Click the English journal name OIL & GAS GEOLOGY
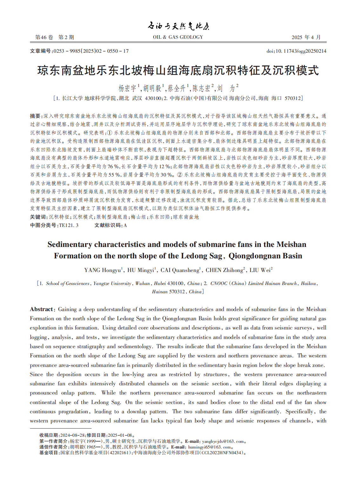[178, 37]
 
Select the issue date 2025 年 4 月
[306, 37]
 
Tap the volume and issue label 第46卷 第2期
[55, 37]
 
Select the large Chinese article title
[178, 70]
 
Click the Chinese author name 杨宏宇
[127, 88]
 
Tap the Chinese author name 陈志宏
[202, 88]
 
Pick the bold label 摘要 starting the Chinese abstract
[35, 116]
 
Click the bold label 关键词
[37, 217]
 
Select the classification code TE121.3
[69, 225]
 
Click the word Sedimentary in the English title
[70, 244]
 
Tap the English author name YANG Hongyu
[102, 270]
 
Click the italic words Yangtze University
[112, 283]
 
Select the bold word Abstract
[42, 309]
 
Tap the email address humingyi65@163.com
[209, 447]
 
